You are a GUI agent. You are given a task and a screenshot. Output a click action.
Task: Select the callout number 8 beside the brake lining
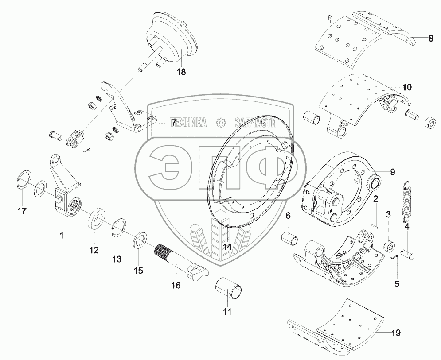tap(431, 39)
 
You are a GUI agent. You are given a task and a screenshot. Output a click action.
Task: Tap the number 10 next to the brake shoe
tap(407, 86)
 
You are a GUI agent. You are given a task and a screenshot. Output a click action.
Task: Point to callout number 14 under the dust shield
tap(227, 247)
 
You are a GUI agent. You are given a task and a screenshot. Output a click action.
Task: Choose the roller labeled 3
tap(390, 245)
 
